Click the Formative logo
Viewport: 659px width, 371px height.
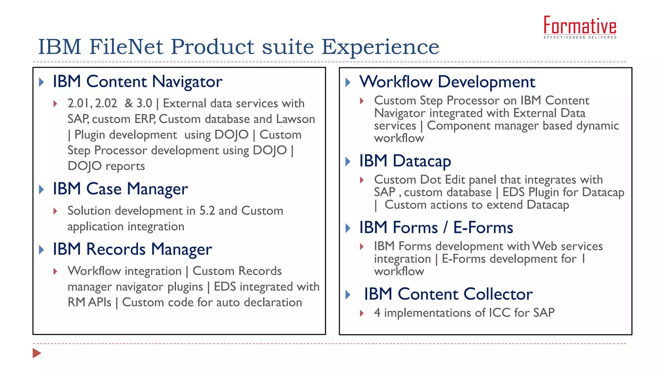point(580,27)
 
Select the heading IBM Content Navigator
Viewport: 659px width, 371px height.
point(137,81)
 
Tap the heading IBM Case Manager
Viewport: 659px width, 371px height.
point(120,189)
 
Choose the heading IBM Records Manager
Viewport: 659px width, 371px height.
point(132,249)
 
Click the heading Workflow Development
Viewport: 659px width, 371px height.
point(447,82)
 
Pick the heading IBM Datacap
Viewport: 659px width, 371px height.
point(405,161)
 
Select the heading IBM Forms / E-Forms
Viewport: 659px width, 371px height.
point(436,227)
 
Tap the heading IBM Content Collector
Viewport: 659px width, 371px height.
point(448,294)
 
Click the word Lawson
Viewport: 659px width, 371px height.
point(295,119)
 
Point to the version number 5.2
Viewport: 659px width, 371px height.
point(207,211)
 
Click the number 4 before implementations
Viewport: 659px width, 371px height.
point(377,313)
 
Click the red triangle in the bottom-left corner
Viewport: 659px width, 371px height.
point(37,353)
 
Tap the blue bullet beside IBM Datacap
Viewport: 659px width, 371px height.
point(348,161)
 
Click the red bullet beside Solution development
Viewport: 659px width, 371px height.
point(55,211)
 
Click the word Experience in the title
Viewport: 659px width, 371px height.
point(380,47)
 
